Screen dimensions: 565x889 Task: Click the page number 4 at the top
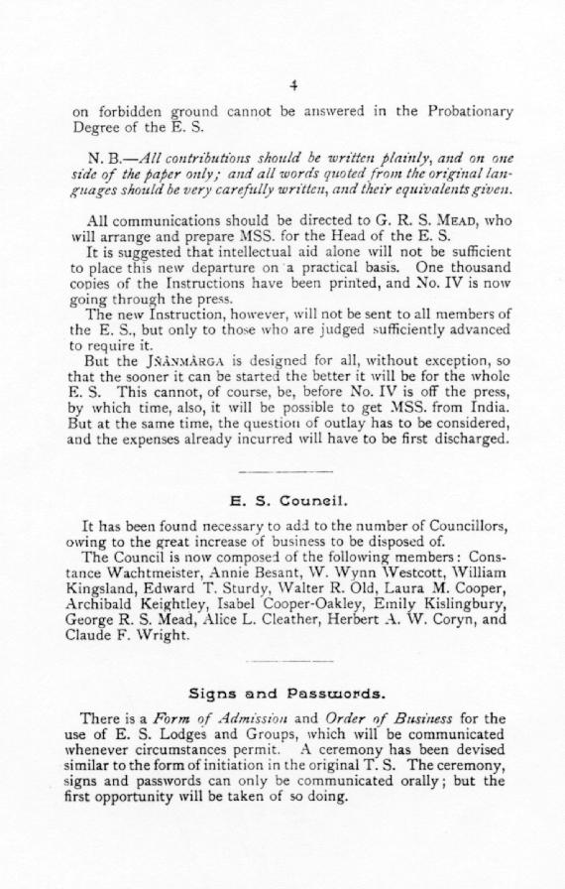coord(293,84)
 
